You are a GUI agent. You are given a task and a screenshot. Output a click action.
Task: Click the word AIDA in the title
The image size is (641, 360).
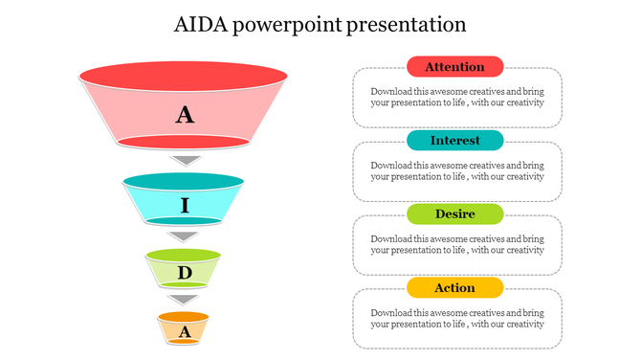[201, 24]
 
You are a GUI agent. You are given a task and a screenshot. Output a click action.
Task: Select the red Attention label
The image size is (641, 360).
[454, 67]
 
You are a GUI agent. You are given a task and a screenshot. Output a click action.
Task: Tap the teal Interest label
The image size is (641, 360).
[454, 141]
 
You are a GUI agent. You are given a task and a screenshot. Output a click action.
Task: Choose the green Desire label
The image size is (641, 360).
[454, 214]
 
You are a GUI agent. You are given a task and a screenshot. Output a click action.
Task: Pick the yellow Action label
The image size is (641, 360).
[454, 287]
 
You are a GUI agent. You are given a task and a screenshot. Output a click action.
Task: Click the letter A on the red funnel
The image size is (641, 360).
[185, 116]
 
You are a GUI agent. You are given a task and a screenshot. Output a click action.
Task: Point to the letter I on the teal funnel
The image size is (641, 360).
[185, 206]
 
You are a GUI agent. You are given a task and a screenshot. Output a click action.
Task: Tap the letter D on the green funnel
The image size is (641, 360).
[185, 273]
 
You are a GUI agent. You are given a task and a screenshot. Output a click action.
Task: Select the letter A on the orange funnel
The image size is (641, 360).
[185, 331]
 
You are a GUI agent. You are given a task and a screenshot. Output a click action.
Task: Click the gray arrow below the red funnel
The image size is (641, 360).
[185, 160]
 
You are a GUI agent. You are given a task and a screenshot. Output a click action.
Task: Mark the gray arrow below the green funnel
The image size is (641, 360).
[184, 300]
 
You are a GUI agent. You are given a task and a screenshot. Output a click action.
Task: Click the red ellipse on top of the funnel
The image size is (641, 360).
[183, 75]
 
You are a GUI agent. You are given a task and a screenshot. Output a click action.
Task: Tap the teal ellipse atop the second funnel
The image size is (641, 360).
[183, 181]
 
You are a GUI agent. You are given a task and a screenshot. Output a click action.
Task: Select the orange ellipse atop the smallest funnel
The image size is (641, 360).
[183, 316]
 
